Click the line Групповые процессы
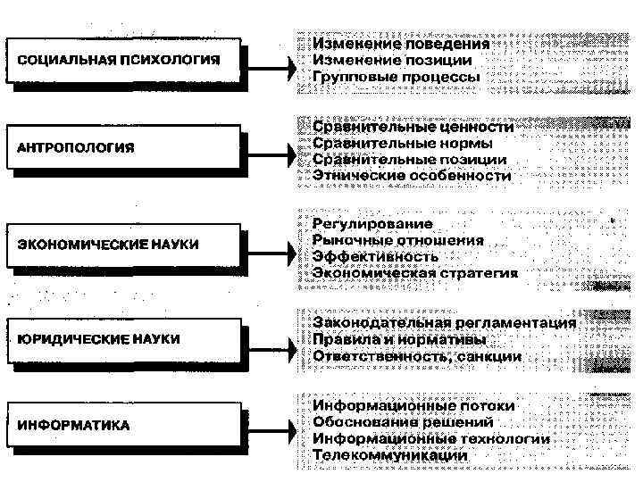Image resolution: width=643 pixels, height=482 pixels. [x=396, y=78]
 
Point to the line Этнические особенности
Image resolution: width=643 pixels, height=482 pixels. [x=412, y=177]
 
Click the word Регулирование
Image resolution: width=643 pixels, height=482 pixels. [x=372, y=224]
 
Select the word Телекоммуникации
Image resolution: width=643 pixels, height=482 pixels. [x=390, y=455]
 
